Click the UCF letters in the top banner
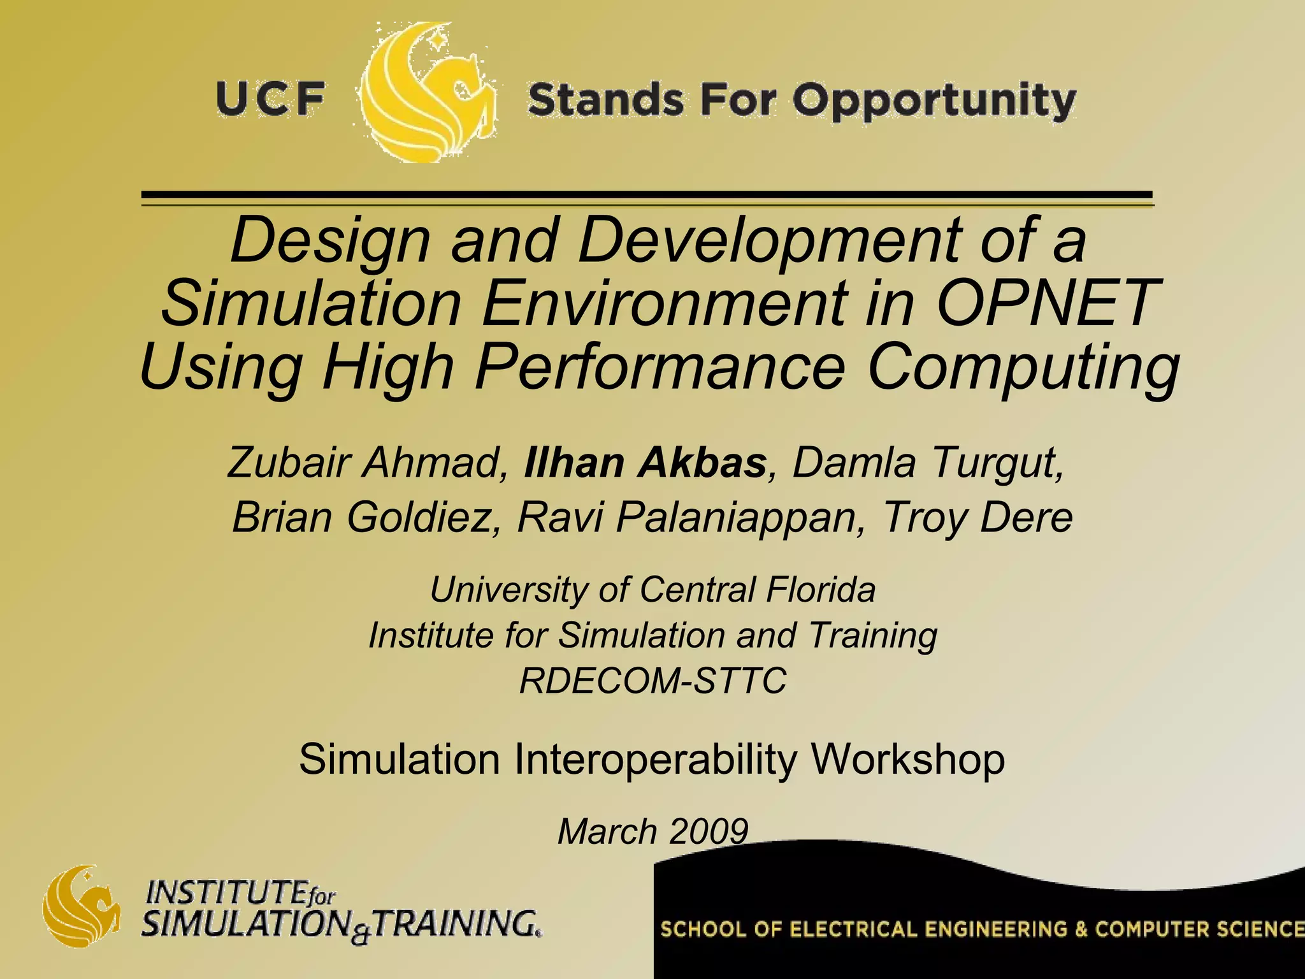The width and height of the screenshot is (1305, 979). (x=271, y=100)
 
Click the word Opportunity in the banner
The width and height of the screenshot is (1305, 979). (x=934, y=102)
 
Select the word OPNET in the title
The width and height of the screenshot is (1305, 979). (x=1046, y=302)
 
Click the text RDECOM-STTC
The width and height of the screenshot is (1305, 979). (x=652, y=681)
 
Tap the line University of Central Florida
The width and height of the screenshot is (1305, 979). (x=652, y=590)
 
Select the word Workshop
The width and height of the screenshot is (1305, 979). (x=907, y=759)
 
